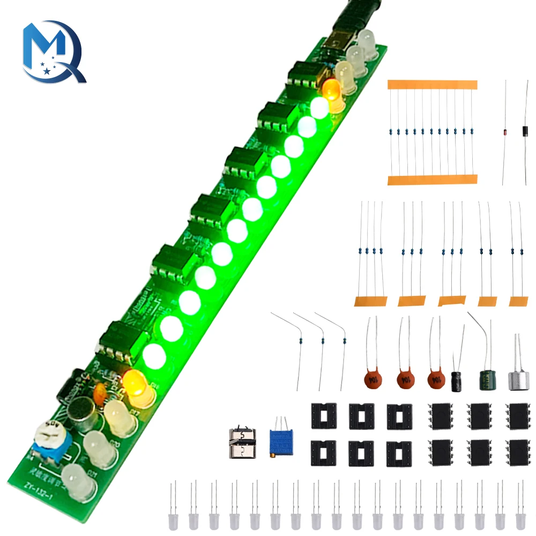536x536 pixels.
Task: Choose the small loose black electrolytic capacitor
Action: point(457,380)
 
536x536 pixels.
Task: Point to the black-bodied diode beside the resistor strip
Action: point(524,131)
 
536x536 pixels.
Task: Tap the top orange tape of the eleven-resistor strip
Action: point(432,85)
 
